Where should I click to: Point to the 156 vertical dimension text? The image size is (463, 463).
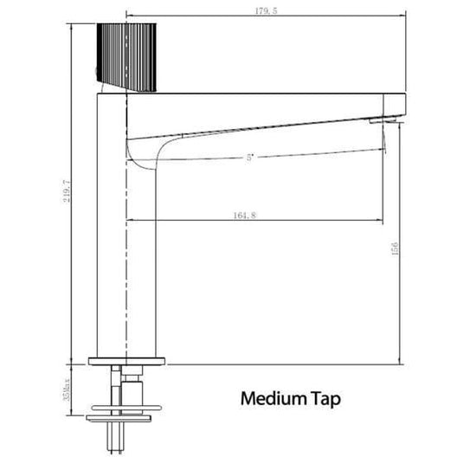point(395,249)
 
